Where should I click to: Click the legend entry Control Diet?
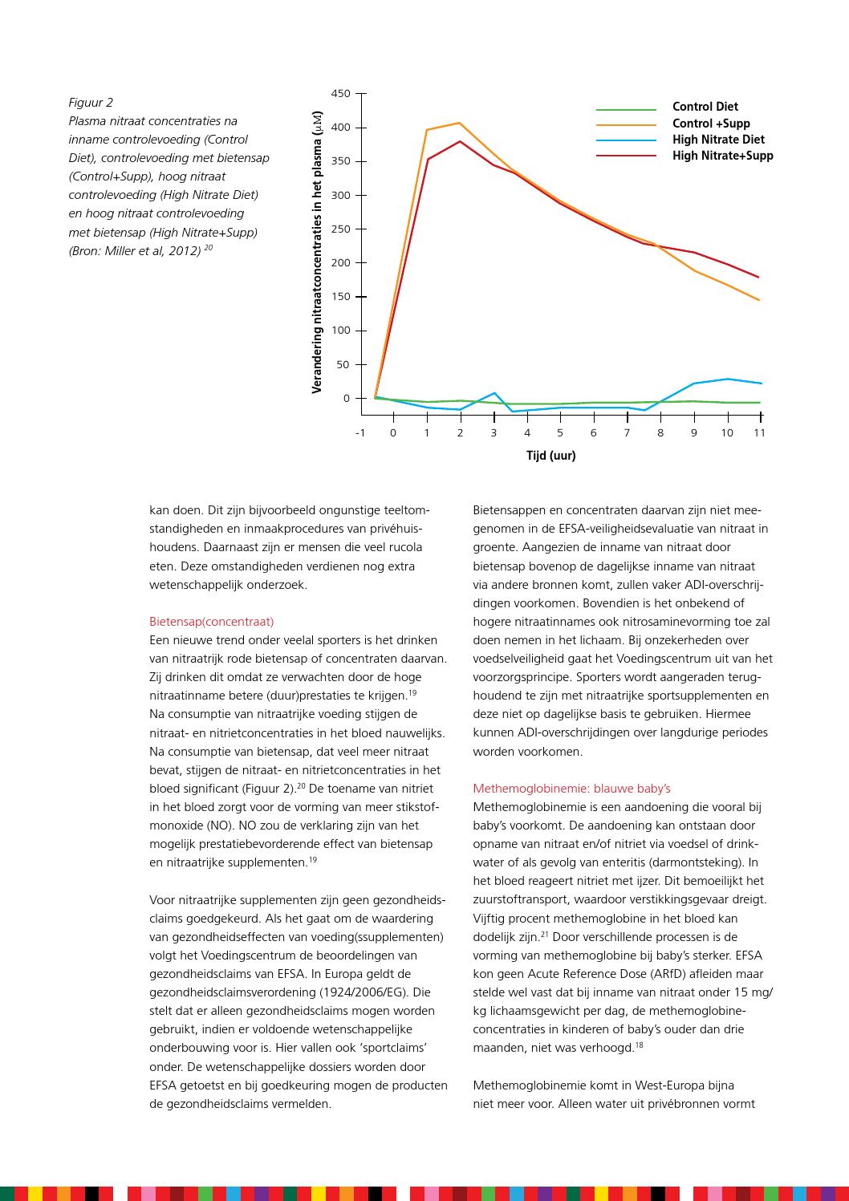tap(705, 107)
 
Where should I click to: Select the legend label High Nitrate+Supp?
tap(722, 156)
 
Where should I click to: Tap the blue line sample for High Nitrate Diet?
tap(626, 140)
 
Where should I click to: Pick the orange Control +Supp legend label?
tap(711, 124)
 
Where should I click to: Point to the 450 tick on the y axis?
tap(340, 94)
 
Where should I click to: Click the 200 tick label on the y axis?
tap(340, 263)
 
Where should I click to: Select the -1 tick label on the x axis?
tap(360, 433)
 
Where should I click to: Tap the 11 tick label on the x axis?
tap(759, 433)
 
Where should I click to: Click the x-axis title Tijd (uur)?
tap(550, 456)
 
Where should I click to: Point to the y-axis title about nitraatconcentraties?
tap(316, 252)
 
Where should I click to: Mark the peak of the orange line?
tap(459, 123)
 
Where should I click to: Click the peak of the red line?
tap(460, 141)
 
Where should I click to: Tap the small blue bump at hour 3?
tap(494, 393)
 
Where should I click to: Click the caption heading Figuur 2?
tap(91, 103)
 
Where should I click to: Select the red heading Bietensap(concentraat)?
tap(212, 622)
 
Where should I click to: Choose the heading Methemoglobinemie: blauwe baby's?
tap(571, 789)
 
